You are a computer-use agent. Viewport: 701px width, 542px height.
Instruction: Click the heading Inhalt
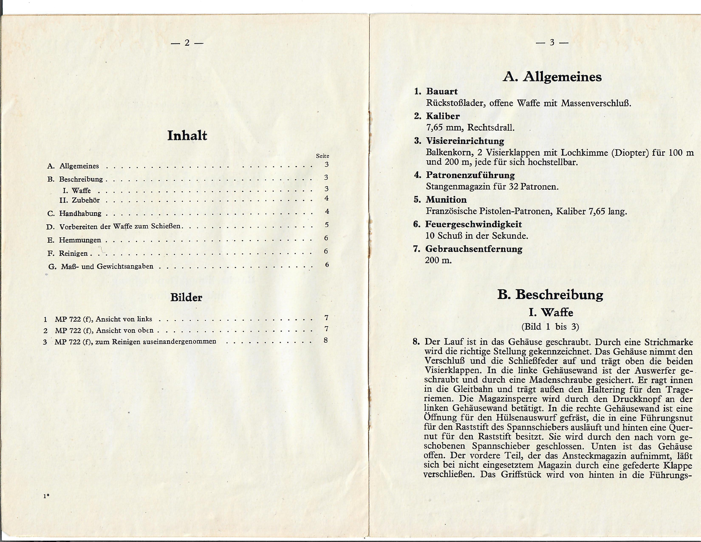pos(187,136)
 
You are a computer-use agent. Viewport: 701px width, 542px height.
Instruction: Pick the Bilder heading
pos(186,297)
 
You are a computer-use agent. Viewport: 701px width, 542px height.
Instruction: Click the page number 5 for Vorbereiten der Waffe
pos(326,225)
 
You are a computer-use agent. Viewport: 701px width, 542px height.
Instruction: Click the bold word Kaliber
pos(443,116)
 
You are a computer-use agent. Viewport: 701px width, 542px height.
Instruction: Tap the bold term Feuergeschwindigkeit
pos(473,224)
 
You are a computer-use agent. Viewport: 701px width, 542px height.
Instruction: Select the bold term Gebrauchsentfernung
pos(473,249)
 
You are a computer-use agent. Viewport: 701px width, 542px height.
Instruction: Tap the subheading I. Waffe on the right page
pos(551,312)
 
